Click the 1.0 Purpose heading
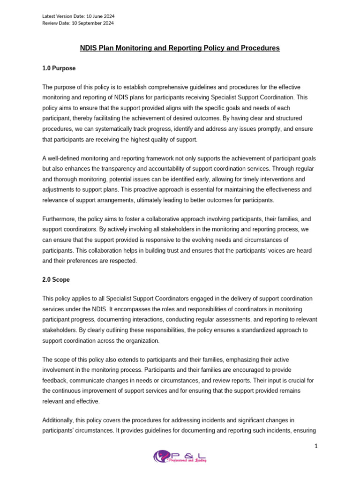59,68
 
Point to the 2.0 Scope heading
56,280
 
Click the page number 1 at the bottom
316,446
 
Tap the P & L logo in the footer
180,457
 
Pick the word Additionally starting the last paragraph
58,420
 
